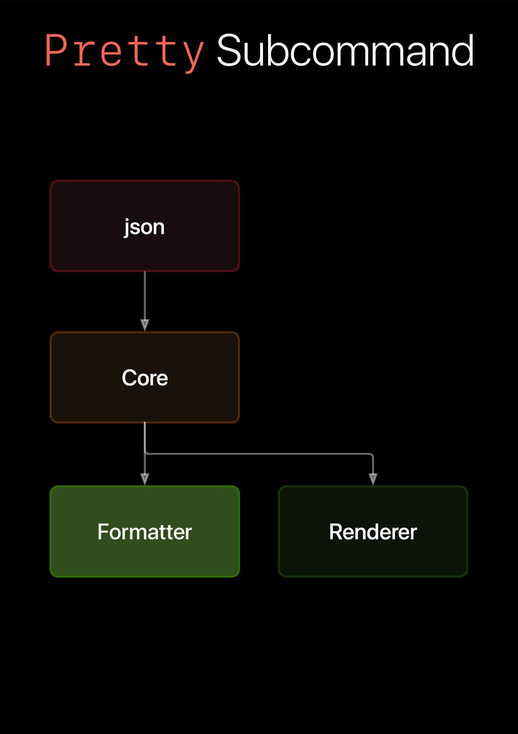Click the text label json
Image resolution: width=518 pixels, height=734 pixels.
pyautogui.click(x=145, y=227)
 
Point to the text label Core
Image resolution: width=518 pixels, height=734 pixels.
pyautogui.click(x=145, y=378)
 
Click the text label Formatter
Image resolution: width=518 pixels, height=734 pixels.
pyautogui.click(x=145, y=532)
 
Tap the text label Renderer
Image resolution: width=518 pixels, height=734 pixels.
pyautogui.click(x=373, y=532)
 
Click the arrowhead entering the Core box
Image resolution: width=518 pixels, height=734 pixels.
pyautogui.click(x=145, y=325)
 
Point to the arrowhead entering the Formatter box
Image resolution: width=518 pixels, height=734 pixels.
pyautogui.click(x=145, y=479)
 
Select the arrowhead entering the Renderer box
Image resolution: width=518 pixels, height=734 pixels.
pyautogui.click(x=373, y=479)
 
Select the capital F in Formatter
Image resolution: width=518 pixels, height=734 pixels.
pyautogui.click(x=103, y=532)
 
